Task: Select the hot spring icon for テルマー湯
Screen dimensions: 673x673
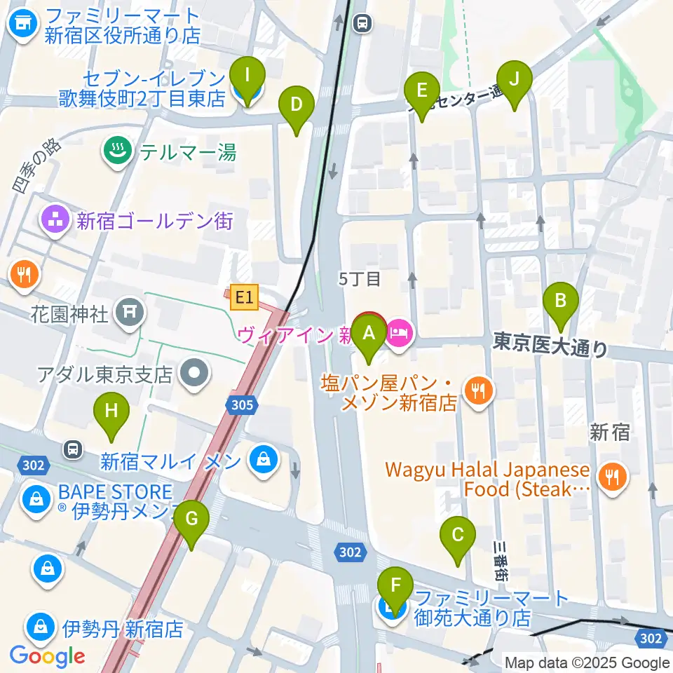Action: [115, 151]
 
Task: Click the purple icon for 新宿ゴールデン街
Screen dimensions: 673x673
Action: [55, 222]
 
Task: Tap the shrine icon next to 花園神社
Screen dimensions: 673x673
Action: [130, 308]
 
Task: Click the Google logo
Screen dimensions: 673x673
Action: [47, 656]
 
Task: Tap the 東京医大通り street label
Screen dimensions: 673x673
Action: [550, 345]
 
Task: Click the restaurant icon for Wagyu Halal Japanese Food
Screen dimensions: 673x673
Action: [613, 478]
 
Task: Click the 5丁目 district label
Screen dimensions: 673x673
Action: [360, 279]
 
